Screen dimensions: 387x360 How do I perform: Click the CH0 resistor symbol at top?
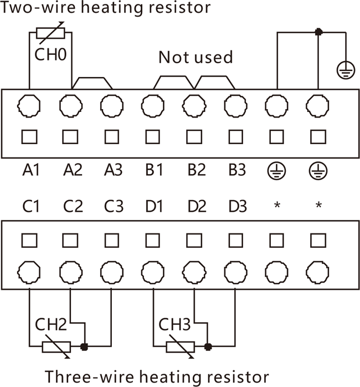coord(50,33)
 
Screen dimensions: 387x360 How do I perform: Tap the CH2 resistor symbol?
coord(56,347)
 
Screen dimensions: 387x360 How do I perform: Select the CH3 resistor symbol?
coord(179,347)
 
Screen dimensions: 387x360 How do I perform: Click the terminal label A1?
coord(31,170)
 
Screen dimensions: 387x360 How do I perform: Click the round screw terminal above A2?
coord(70,104)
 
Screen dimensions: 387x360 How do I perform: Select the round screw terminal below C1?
coord(29,272)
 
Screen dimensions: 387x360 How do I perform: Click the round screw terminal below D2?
coord(194,272)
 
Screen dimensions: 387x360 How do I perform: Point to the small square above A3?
coord(111,136)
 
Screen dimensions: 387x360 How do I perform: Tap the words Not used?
coord(196,57)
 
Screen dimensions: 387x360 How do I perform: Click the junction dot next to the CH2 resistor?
coord(84,347)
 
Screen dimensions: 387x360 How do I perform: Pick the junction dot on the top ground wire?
coord(318,32)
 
